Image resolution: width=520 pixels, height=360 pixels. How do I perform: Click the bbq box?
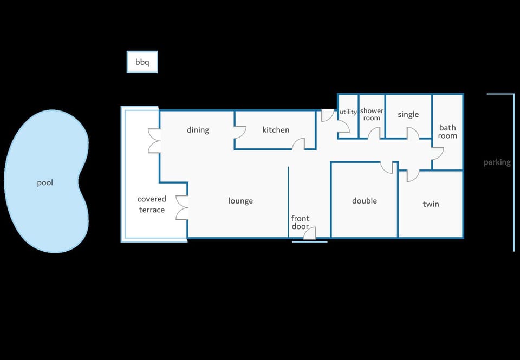pyautogui.click(x=142, y=62)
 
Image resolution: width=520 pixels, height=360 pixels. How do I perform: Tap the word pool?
pyautogui.click(x=45, y=183)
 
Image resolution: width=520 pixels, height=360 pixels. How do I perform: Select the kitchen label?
pyautogui.click(x=276, y=129)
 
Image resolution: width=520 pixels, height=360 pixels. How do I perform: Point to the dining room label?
pyautogui.click(x=198, y=130)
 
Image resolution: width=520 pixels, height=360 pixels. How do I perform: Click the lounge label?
pyautogui.click(x=240, y=201)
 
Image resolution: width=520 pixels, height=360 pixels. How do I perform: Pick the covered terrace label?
pyautogui.click(x=152, y=204)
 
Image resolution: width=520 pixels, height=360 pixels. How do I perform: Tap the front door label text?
pyautogui.click(x=300, y=222)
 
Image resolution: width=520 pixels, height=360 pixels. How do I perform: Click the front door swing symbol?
pyautogui.click(x=310, y=233)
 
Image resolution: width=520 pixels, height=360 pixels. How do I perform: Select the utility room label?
pyautogui.click(x=348, y=112)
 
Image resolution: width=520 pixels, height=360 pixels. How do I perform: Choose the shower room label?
pyautogui.click(x=372, y=114)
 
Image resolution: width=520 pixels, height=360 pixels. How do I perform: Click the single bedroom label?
pyautogui.click(x=408, y=115)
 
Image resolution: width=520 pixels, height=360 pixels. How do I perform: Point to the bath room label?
pyautogui.click(x=447, y=132)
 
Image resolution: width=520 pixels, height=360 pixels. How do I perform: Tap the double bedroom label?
pyautogui.click(x=365, y=201)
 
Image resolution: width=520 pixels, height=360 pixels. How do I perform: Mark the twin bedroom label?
pyautogui.click(x=431, y=204)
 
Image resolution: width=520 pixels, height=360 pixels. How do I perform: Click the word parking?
pyautogui.click(x=497, y=162)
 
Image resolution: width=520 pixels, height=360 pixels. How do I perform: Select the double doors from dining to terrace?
pyautogui.click(x=154, y=141)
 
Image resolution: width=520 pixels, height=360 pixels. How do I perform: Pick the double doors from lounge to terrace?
pyautogui.click(x=182, y=208)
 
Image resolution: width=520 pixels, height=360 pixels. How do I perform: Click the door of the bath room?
pyautogui.click(x=438, y=154)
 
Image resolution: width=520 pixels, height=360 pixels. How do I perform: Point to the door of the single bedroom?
pyautogui.click(x=413, y=133)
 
